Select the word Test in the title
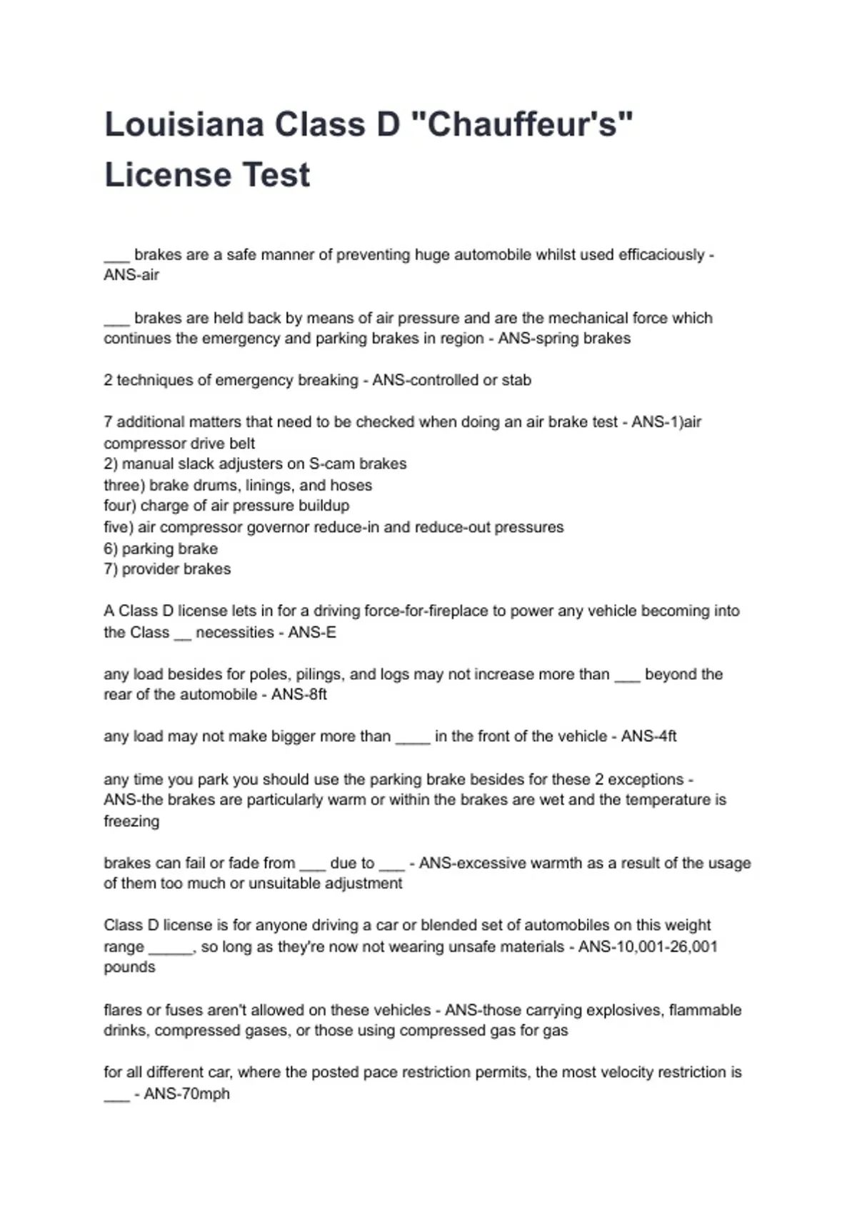tap(275, 175)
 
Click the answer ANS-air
tap(131, 275)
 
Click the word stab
tap(516, 380)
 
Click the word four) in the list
tap(119, 506)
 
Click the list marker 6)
tap(111, 548)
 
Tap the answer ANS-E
tap(312, 632)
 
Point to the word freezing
tap(131, 821)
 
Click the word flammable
tap(705, 1010)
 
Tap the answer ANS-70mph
tap(186, 1093)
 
